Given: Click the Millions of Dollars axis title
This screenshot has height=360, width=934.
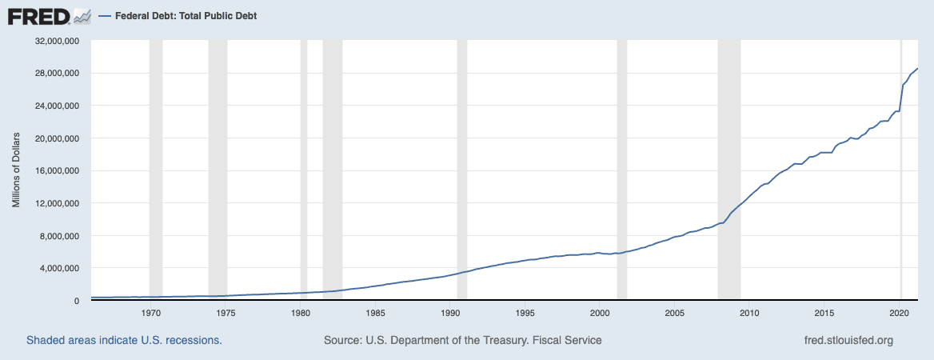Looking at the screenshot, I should click(x=16, y=171).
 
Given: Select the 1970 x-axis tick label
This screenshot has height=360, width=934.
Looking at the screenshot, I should click(x=151, y=313).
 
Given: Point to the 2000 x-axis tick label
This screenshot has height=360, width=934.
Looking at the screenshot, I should click(x=601, y=313).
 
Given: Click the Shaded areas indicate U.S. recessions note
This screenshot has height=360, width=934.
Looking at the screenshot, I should click(x=124, y=341).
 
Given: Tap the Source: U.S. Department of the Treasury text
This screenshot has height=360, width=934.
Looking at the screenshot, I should click(x=462, y=341).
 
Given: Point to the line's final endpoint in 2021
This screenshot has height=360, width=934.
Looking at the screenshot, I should click(x=917, y=69).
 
